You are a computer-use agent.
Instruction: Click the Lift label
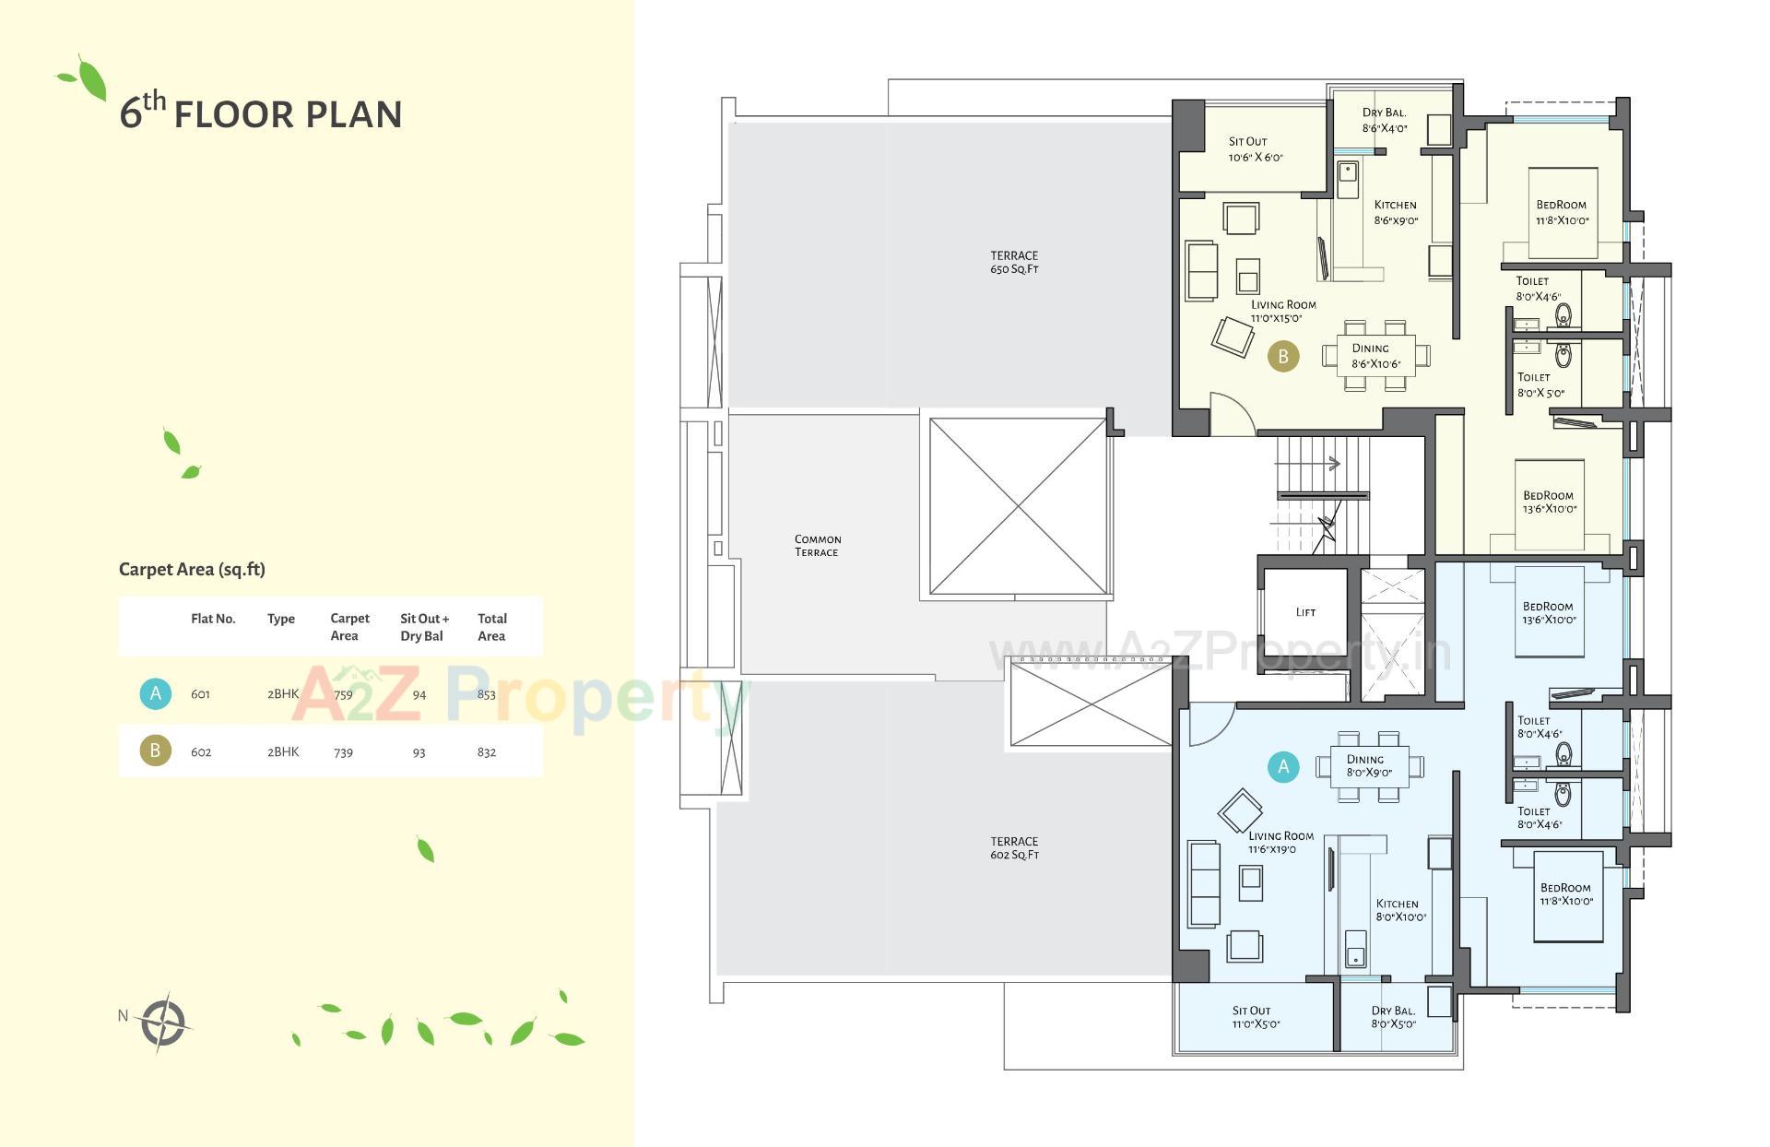click(1305, 612)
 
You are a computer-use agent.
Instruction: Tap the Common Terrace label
click(817, 546)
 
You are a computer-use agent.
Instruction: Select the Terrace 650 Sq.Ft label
click(1014, 263)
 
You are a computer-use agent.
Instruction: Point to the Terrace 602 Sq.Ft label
click(1014, 848)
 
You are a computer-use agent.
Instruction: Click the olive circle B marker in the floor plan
click(1282, 356)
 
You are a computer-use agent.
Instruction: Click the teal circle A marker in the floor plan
click(1282, 766)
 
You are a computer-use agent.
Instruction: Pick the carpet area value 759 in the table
click(343, 694)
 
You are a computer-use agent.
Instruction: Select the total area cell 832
click(487, 752)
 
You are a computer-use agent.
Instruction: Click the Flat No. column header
click(213, 619)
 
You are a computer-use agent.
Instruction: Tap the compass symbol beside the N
click(163, 1022)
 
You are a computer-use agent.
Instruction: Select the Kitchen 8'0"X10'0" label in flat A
click(1399, 910)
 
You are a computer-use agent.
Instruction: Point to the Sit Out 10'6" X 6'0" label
click(1254, 149)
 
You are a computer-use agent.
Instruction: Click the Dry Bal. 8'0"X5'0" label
click(1393, 1017)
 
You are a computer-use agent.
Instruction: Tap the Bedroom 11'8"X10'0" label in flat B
click(1562, 212)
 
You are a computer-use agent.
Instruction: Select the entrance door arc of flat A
click(1209, 724)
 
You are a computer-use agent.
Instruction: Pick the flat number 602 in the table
click(201, 752)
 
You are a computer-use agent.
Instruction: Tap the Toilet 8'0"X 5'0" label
click(1540, 384)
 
